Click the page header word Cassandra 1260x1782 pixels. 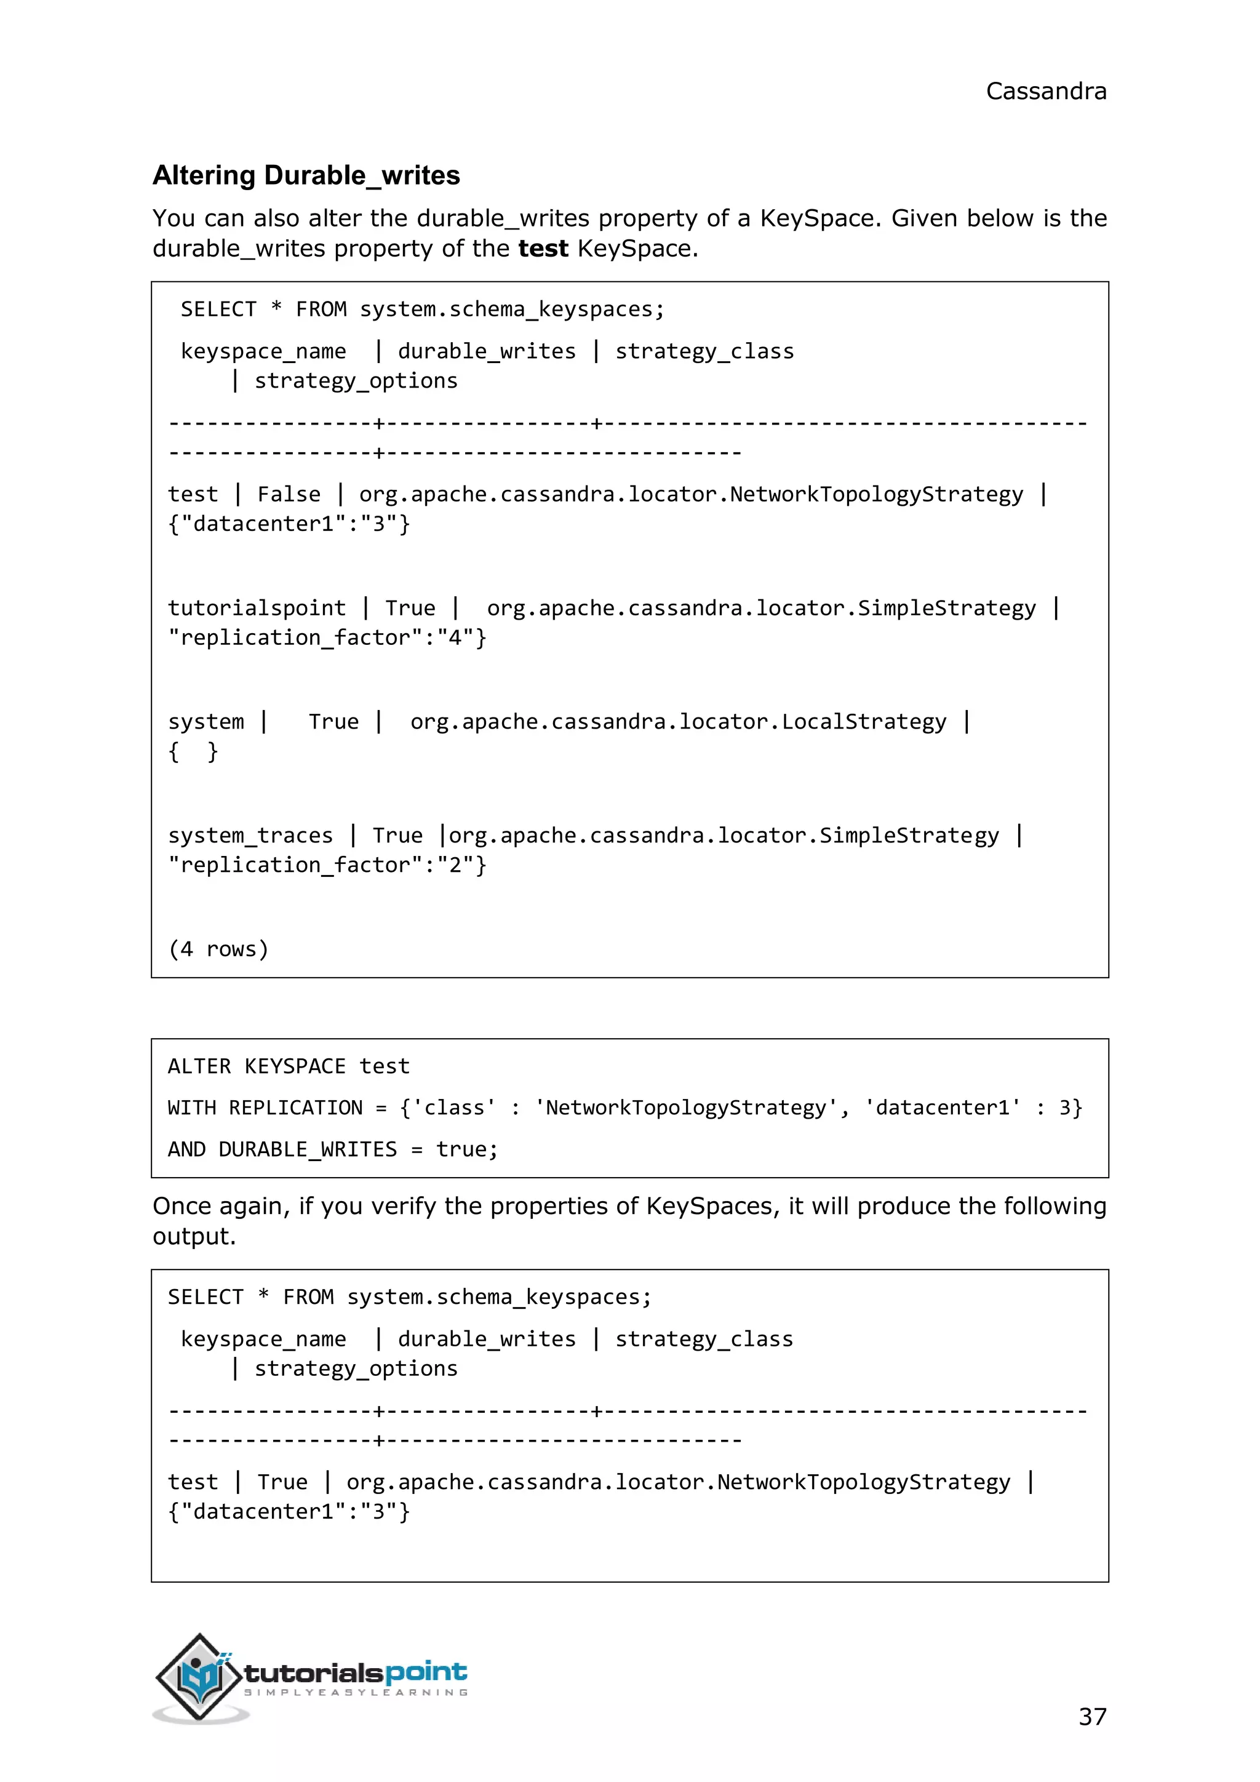pyautogui.click(x=1045, y=92)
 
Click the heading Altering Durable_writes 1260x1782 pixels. pyautogui.click(x=306, y=175)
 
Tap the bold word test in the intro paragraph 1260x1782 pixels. pyautogui.click(x=543, y=249)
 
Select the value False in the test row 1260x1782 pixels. pyautogui.click(x=289, y=494)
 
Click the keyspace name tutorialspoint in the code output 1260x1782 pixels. pyautogui.click(x=257, y=608)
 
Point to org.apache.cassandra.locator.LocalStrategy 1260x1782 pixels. pyautogui.click(x=678, y=722)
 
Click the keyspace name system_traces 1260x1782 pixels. pyautogui.click(x=250, y=835)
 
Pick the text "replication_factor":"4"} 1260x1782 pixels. pyautogui.click(x=327, y=637)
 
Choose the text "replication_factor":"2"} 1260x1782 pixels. pyautogui.click(x=327, y=865)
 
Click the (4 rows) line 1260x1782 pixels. pyautogui.click(x=218, y=949)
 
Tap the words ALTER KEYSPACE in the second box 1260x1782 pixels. pyautogui.click(x=257, y=1066)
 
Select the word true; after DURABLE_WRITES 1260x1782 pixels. pyautogui.click(x=466, y=1149)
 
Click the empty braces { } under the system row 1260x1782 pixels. pyautogui.click(x=193, y=751)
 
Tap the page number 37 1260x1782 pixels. pyautogui.click(x=1091, y=1716)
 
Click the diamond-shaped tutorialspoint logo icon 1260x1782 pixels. pyautogui.click(x=199, y=1676)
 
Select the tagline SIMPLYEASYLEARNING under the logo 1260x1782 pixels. pyautogui.click(x=356, y=1692)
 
